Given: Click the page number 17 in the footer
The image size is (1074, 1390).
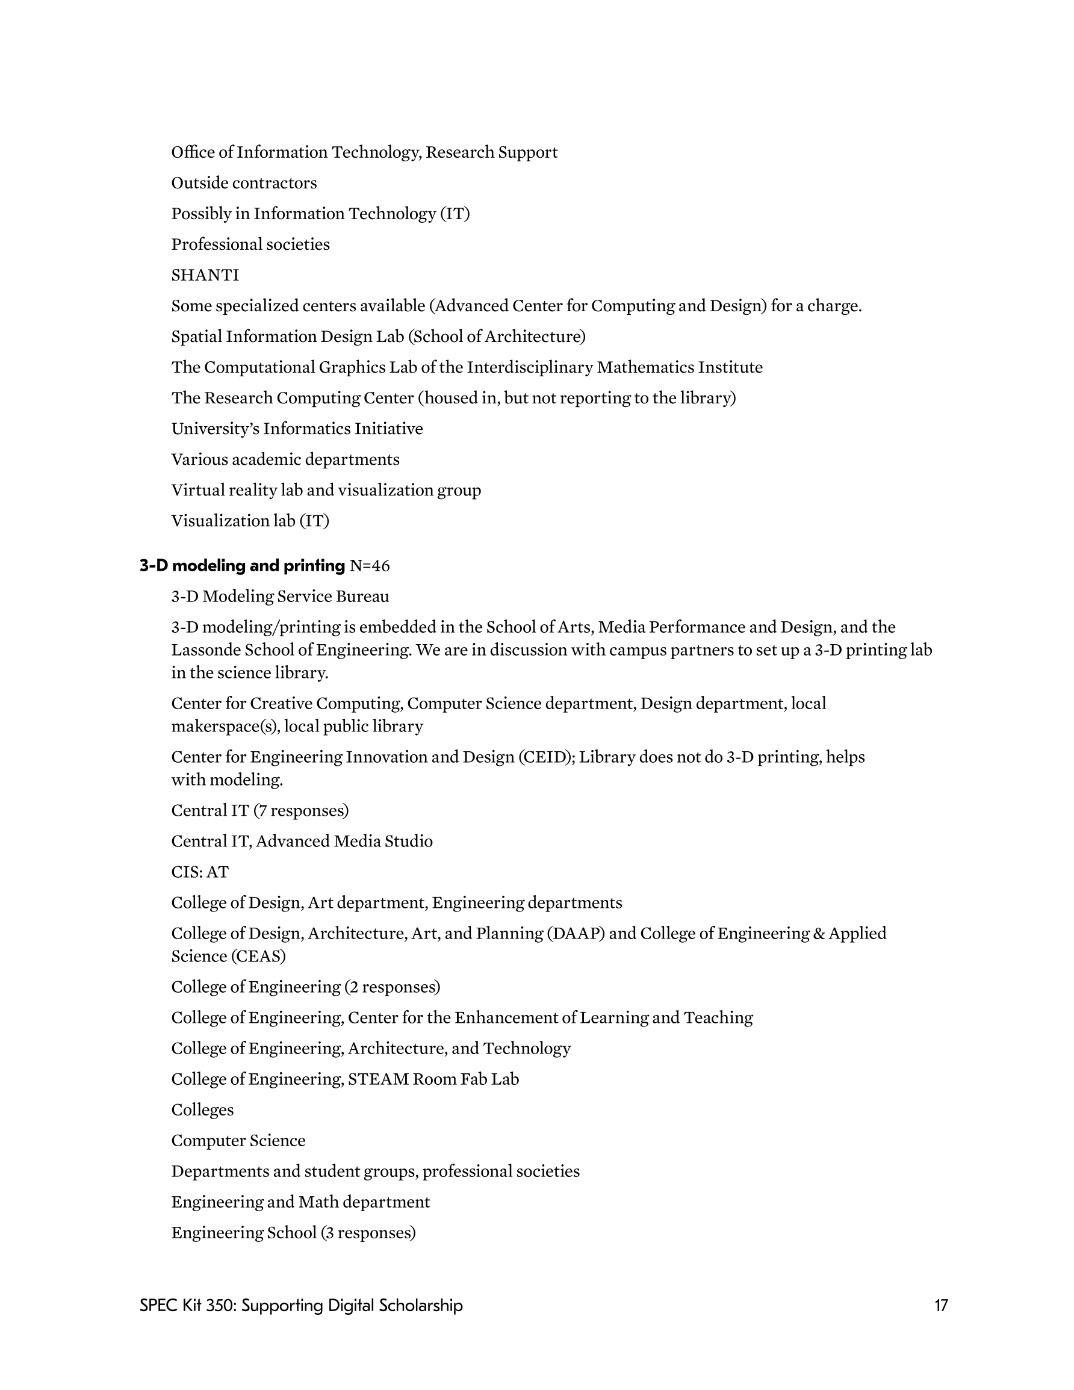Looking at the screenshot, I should click(x=941, y=1305).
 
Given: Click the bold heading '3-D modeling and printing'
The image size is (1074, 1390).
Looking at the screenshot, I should click(x=242, y=565).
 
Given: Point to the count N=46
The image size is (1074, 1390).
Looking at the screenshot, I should click(x=370, y=565).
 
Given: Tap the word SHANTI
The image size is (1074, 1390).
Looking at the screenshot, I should click(x=205, y=275).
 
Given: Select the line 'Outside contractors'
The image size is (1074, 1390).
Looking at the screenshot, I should click(x=244, y=182).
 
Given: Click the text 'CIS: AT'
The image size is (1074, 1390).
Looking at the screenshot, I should click(x=199, y=872).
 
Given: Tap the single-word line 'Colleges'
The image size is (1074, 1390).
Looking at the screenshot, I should click(x=202, y=1109).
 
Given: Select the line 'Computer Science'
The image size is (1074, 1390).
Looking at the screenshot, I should click(x=238, y=1140).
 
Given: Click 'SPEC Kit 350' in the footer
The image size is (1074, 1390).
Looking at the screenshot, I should click(x=187, y=1305).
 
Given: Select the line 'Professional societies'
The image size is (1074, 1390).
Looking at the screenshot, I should click(x=250, y=244).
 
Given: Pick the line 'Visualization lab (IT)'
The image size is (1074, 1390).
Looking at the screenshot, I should click(x=250, y=521).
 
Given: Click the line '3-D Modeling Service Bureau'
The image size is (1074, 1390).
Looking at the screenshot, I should click(x=280, y=597).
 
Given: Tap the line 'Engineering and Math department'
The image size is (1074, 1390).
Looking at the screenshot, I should click(x=300, y=1202).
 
